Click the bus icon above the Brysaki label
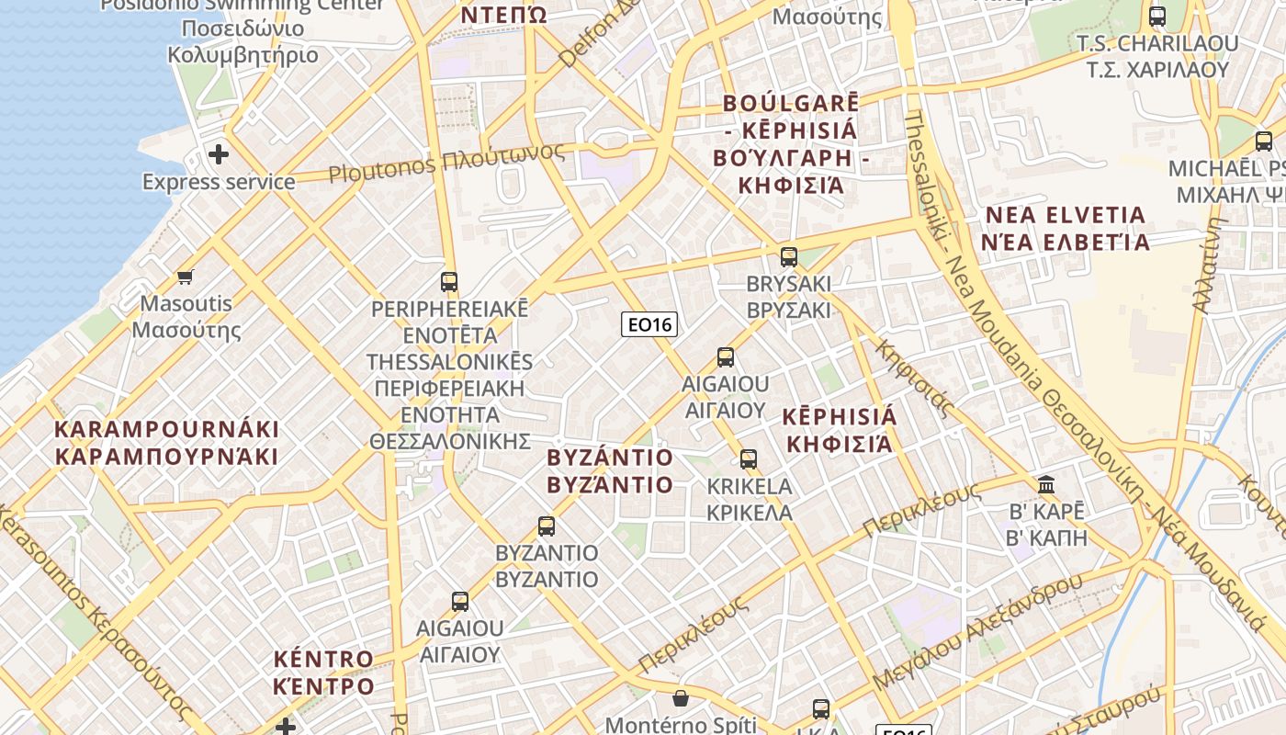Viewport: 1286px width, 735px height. [788, 256]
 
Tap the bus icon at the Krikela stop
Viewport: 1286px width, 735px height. [749, 459]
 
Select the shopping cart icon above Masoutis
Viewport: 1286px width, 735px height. [186, 277]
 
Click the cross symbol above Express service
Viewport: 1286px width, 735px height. [219, 153]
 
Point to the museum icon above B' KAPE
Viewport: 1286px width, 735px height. [1046, 484]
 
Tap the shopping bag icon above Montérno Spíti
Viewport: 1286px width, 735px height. [680, 699]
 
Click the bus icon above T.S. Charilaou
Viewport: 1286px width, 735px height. [1157, 17]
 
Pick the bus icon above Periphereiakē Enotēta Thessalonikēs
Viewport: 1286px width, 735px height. [449, 282]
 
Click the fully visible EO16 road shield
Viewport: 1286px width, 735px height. [649, 324]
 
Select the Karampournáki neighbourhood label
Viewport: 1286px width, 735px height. [166, 443]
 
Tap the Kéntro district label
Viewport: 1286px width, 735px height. [324, 673]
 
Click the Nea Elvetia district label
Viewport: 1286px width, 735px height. [1066, 229]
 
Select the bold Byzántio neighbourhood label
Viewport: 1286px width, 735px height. [610, 470]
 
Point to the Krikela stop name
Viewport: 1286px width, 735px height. [749, 499]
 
